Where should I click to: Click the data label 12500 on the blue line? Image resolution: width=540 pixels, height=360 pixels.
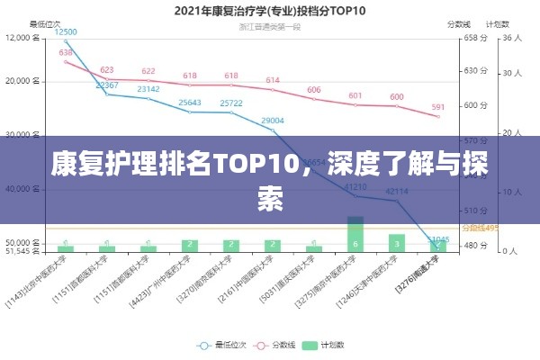66,31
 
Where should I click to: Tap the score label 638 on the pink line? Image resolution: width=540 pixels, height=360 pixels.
66,52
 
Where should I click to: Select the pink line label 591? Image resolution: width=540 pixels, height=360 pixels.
438,107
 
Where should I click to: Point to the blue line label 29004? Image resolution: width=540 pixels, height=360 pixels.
273,121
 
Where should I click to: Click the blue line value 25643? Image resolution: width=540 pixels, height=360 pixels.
190,103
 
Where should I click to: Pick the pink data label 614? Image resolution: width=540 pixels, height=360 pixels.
273,80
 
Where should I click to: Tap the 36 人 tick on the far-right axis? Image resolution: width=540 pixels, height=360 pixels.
512,38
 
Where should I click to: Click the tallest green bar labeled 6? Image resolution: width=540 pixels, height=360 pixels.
355,236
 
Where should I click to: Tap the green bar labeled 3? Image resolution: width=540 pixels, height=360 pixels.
397,242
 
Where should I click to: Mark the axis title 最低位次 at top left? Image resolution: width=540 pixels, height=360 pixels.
46,24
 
